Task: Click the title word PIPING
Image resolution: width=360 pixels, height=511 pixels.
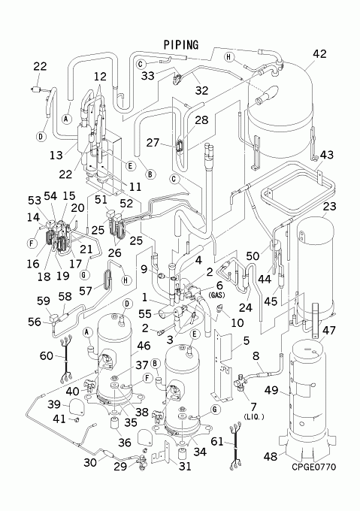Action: [181, 44]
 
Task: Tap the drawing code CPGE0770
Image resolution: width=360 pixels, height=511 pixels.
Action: [313, 467]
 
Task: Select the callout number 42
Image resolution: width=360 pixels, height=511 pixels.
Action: [319, 54]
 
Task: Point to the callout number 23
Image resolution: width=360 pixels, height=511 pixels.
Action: [329, 207]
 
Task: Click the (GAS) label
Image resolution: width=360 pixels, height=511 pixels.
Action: [218, 295]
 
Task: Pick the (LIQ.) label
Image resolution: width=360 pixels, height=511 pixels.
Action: [253, 417]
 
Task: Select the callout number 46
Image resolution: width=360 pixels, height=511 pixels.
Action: [144, 346]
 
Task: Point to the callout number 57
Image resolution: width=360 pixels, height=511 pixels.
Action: [86, 291]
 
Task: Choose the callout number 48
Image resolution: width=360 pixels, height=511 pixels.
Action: [271, 456]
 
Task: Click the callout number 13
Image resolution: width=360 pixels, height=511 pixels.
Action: [56, 155]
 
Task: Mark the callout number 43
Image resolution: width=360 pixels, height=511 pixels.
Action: [327, 155]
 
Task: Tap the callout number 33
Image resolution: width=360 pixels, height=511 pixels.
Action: [147, 76]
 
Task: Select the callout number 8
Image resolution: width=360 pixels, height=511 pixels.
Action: [256, 356]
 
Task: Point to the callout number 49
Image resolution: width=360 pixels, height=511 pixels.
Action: [271, 390]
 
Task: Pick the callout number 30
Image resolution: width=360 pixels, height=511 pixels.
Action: [90, 462]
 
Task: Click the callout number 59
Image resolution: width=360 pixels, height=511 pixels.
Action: [44, 301]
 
